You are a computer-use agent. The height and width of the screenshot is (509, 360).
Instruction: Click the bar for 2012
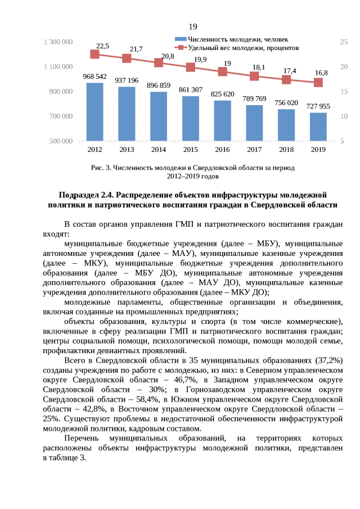point(94,112)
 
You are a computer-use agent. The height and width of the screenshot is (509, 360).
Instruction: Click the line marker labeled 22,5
point(94,55)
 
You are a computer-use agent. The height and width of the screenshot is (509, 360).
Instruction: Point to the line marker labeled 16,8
point(318,83)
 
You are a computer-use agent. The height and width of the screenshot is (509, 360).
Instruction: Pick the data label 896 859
point(159,85)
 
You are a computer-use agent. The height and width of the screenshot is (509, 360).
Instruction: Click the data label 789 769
point(254,98)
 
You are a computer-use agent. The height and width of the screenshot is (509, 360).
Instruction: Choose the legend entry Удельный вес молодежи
point(242,48)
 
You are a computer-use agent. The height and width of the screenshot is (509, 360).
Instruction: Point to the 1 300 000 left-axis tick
point(58,42)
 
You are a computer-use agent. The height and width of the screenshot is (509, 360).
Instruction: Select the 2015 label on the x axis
point(191,150)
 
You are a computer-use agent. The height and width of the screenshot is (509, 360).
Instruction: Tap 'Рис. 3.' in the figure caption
point(101,168)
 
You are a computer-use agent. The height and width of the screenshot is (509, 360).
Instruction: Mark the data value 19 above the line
point(227,64)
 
